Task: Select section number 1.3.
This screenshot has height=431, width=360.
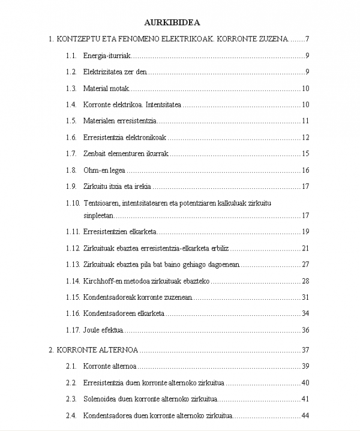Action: click(x=71, y=89)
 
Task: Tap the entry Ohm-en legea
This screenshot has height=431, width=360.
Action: click(x=104, y=170)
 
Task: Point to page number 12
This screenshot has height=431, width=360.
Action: click(x=305, y=137)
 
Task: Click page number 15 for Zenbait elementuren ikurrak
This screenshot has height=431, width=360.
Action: click(x=305, y=153)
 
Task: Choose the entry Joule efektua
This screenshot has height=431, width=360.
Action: click(x=103, y=330)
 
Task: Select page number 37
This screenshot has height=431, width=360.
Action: click(x=305, y=350)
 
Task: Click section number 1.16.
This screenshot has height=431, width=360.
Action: click(x=72, y=314)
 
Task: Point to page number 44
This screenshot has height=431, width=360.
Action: click(x=305, y=415)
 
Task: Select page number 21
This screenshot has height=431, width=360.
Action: click(x=305, y=248)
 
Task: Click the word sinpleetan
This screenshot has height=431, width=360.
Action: click(x=98, y=215)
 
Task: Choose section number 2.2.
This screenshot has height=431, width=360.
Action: click(x=71, y=383)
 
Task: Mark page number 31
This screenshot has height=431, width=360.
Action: click(x=305, y=297)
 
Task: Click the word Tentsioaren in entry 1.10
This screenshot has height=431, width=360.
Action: click(x=102, y=203)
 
